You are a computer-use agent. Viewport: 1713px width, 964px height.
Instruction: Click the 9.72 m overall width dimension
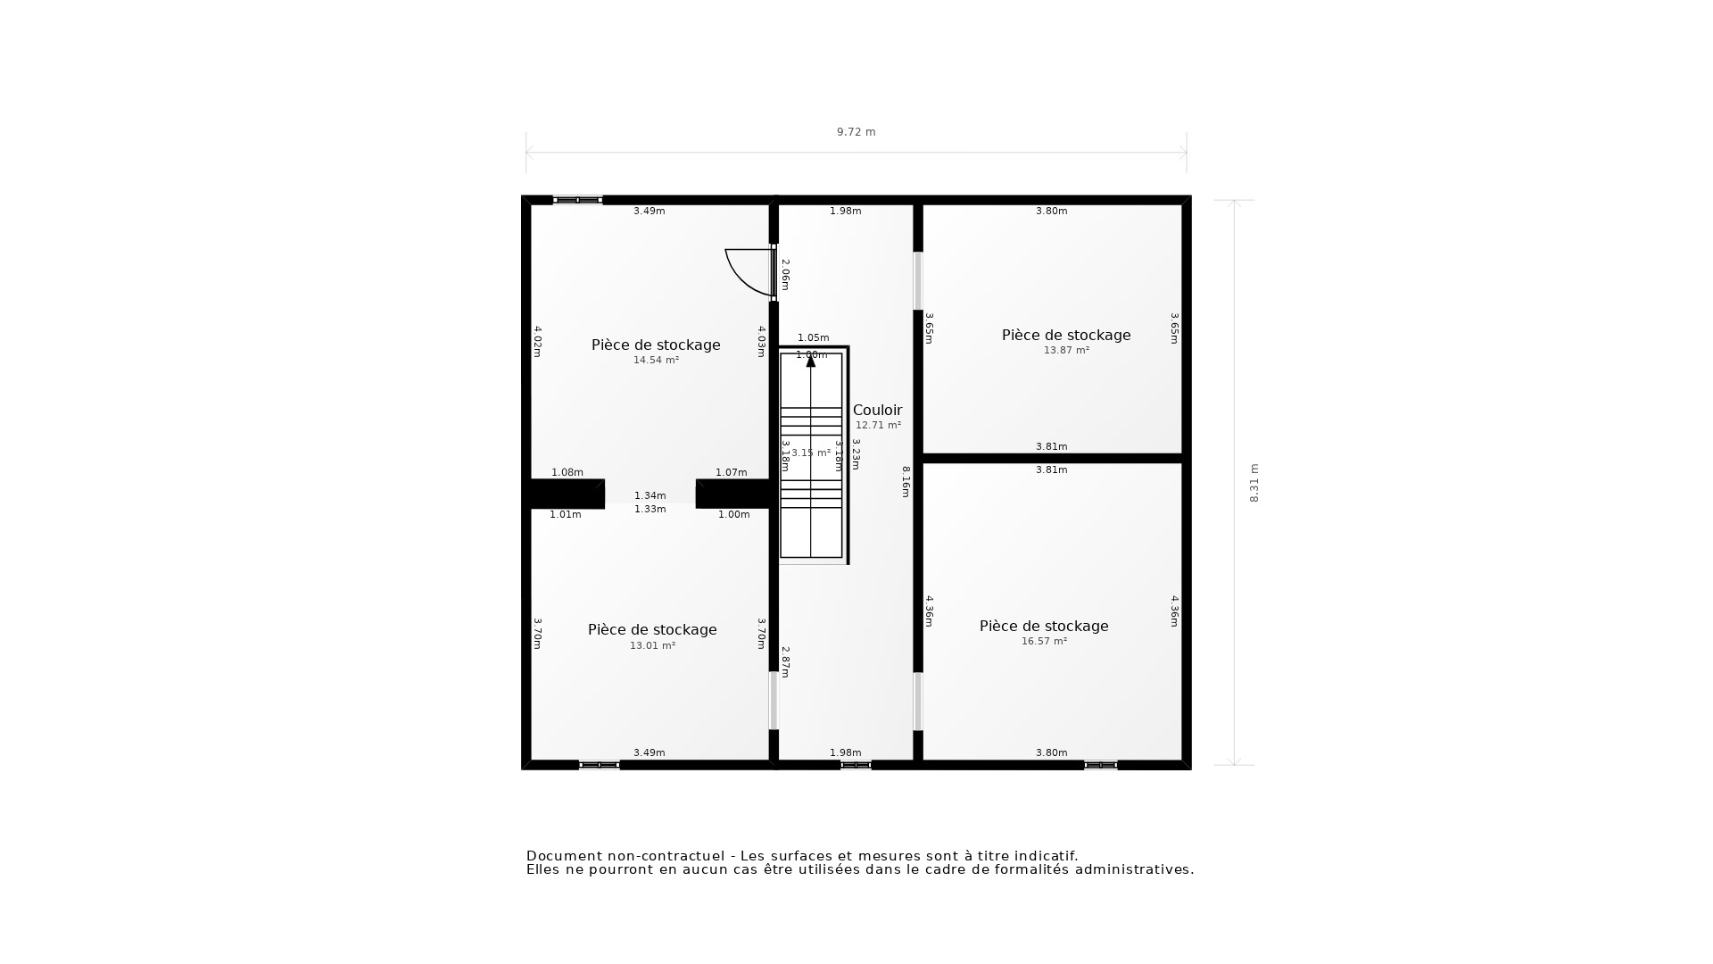(856, 132)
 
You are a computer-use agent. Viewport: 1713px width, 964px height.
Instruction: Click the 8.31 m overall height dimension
(1254, 483)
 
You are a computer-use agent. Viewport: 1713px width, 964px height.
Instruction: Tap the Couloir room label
(877, 411)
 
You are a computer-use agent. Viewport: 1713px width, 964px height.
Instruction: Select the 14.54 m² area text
(656, 361)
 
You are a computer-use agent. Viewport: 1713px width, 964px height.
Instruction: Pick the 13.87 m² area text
(1066, 351)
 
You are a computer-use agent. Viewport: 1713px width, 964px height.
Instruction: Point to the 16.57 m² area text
(1044, 642)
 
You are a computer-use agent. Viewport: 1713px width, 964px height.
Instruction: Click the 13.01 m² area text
(652, 646)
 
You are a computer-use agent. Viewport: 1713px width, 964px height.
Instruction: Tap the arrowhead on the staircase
(811, 361)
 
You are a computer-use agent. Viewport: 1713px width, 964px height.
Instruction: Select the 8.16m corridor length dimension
(906, 482)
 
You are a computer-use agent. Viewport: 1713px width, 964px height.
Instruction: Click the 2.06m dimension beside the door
(785, 275)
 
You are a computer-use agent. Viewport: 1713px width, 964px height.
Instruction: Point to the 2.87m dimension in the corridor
(785, 662)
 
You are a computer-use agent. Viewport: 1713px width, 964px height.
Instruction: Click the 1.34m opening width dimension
(650, 495)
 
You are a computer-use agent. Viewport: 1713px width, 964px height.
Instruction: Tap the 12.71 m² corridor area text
(878, 426)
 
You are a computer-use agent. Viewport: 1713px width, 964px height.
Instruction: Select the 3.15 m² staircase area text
(810, 453)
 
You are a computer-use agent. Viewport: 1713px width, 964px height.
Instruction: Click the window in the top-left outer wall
(577, 200)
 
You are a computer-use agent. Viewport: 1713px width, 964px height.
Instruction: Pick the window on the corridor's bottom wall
(856, 765)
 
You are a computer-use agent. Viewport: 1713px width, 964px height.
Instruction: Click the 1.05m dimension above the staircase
(813, 338)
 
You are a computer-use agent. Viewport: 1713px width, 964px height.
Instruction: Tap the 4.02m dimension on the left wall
(537, 341)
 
